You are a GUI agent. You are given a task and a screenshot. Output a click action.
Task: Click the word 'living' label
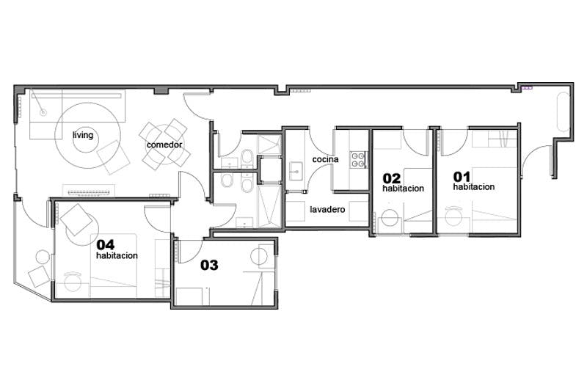[x=83, y=135]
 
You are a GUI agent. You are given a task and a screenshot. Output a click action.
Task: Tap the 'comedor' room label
[x=164, y=145]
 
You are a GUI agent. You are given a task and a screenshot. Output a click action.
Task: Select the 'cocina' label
[x=325, y=159]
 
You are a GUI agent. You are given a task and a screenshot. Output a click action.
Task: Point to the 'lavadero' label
[x=327, y=210]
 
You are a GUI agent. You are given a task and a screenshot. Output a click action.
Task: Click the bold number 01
[x=462, y=176]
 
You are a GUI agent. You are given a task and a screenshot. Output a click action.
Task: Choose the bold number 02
[x=391, y=178]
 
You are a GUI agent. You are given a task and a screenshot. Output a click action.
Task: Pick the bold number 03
[x=209, y=266]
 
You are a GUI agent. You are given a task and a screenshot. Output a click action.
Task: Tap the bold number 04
[x=106, y=245]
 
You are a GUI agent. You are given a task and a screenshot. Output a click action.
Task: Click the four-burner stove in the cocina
[x=358, y=159]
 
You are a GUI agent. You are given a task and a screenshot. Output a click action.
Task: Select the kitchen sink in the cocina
[x=296, y=171]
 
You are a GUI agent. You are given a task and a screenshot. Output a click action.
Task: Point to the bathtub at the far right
[x=563, y=112]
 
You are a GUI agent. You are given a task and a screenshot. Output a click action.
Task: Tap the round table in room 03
[x=259, y=257]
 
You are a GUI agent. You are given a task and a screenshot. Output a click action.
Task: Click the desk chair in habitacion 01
[x=453, y=215]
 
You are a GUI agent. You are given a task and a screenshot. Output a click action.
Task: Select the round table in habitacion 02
[x=390, y=218]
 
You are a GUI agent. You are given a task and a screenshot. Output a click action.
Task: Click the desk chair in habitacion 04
[x=73, y=281]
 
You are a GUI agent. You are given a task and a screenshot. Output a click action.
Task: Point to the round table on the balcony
[x=43, y=257]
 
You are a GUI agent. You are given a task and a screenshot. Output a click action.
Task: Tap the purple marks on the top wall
[x=527, y=87]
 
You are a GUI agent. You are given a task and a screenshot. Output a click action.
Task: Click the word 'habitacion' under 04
[x=117, y=256]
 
